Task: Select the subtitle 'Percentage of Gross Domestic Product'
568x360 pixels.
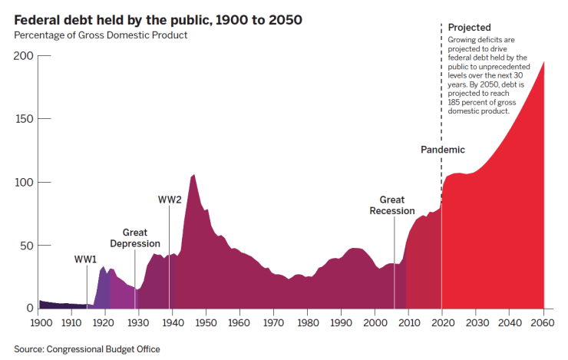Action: [x=101, y=35]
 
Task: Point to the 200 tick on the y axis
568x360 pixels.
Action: [x=23, y=56]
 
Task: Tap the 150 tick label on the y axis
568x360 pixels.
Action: [x=23, y=119]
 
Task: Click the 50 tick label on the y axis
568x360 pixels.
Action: [x=26, y=246]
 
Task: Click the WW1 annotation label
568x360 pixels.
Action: [x=85, y=259]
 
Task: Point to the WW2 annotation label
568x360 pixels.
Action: [x=170, y=200]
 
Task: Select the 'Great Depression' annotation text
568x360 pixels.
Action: [x=135, y=238]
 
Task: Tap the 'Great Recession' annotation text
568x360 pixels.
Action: [x=392, y=206]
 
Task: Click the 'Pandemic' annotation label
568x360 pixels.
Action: [x=443, y=150]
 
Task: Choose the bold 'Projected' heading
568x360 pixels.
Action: [x=469, y=28]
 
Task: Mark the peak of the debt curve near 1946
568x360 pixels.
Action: [x=193, y=175]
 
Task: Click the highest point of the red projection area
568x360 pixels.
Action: [x=543, y=62]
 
